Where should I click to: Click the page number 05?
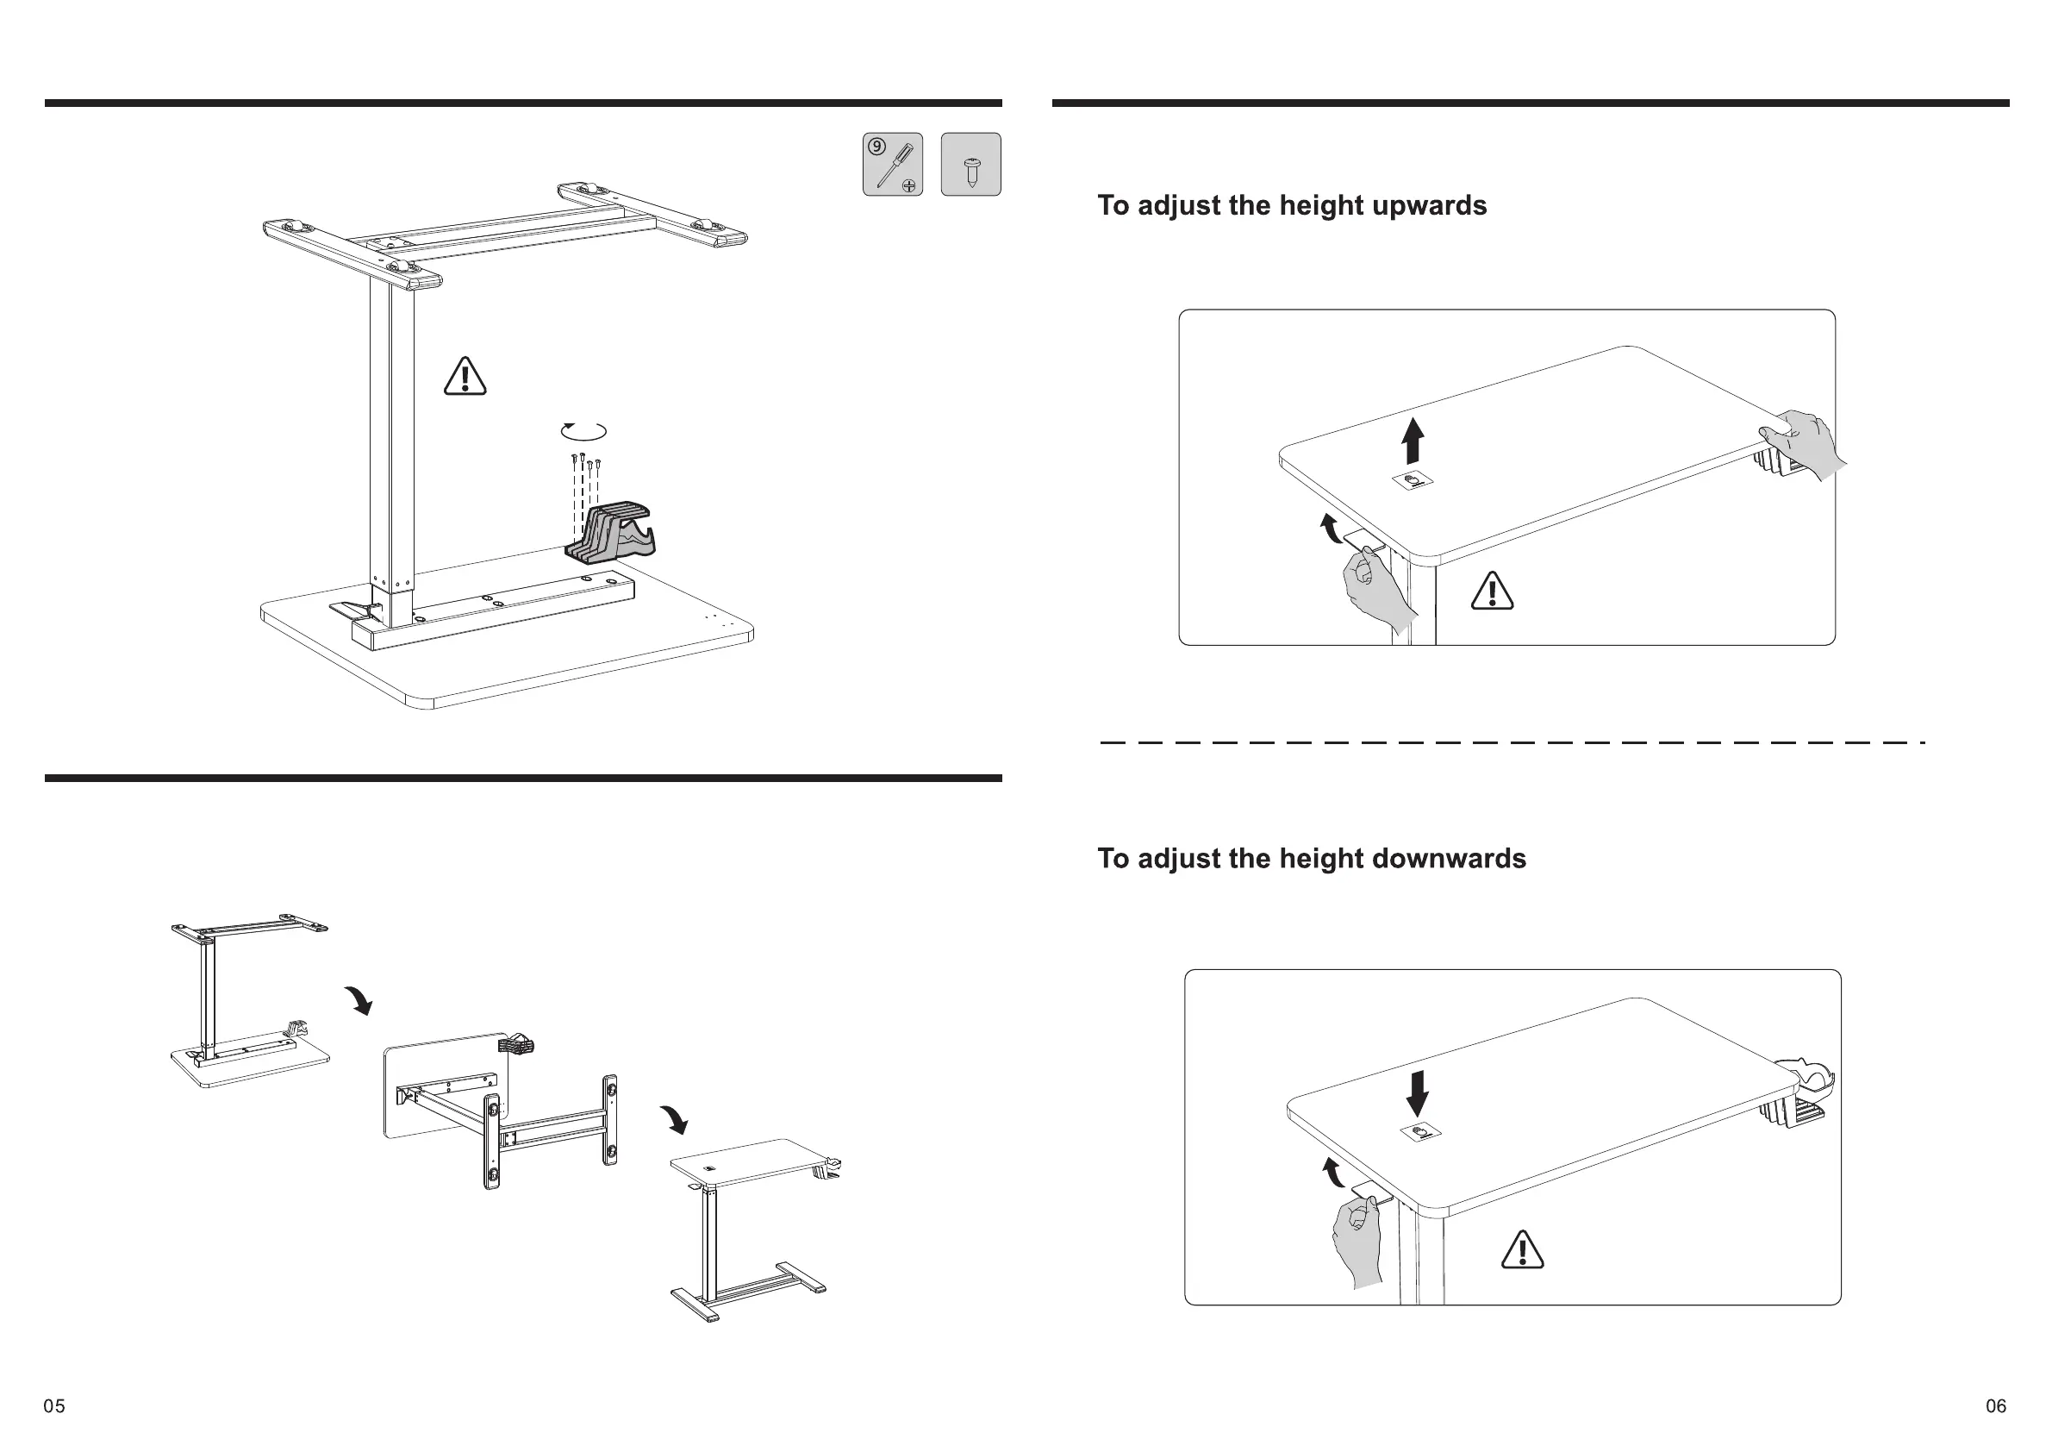click(x=54, y=1406)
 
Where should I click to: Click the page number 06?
click(x=1996, y=1406)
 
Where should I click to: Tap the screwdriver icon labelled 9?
click(x=893, y=165)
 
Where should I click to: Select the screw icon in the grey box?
click(x=970, y=165)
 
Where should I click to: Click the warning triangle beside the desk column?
click(x=465, y=377)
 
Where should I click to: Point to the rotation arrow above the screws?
click(x=583, y=432)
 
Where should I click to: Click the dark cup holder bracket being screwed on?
click(x=611, y=534)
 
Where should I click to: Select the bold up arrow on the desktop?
click(x=1412, y=441)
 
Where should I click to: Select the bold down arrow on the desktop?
click(x=1418, y=1093)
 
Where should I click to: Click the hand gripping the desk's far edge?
click(x=1804, y=444)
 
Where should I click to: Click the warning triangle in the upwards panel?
click(x=1492, y=591)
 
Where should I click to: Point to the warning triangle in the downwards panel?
click(x=1522, y=1249)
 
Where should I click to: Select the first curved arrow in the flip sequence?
click(x=359, y=999)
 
